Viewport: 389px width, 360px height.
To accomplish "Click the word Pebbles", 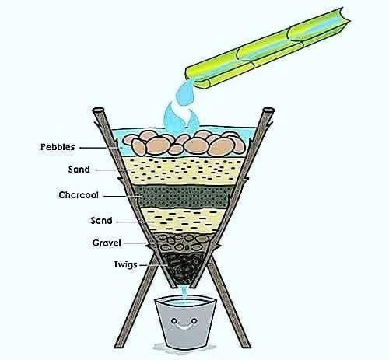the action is click(x=58, y=147).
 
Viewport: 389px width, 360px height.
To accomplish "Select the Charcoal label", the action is click(x=79, y=195).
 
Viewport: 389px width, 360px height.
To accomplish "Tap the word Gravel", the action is click(x=107, y=243).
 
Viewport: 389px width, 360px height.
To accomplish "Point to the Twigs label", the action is click(x=125, y=265).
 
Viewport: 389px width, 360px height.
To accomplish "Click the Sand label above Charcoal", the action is click(x=79, y=170).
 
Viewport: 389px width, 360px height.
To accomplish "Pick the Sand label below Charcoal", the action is click(x=101, y=221).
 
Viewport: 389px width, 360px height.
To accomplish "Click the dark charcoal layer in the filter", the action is click(x=181, y=196).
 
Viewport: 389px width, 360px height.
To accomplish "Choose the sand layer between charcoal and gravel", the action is click(x=184, y=220).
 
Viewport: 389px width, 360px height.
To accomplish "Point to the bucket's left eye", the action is click(x=174, y=321).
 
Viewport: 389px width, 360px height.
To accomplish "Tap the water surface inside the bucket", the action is click(x=184, y=302).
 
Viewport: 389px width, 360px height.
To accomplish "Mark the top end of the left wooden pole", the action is click(x=97, y=110).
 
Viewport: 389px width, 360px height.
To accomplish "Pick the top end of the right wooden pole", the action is click(x=268, y=110).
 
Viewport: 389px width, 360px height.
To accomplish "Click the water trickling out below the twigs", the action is click(x=184, y=292).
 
